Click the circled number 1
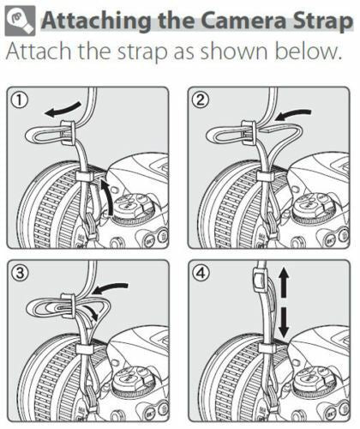pyautogui.click(x=20, y=100)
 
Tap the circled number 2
pyautogui.click(x=201, y=100)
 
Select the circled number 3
pyautogui.click(x=20, y=273)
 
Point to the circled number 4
pyautogui.click(x=201, y=273)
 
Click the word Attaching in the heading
pyautogui.click(x=96, y=22)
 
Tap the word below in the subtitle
pyautogui.click(x=308, y=51)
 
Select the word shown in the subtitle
pyautogui.click(x=234, y=51)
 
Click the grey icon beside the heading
pyautogui.click(x=20, y=21)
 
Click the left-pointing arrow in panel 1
pyautogui.click(x=63, y=110)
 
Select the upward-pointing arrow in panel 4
pyautogui.click(x=284, y=282)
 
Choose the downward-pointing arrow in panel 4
pyautogui.click(x=284, y=323)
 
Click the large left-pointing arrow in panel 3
pyautogui.click(x=111, y=289)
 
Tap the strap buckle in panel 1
pyautogui.click(x=68, y=132)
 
